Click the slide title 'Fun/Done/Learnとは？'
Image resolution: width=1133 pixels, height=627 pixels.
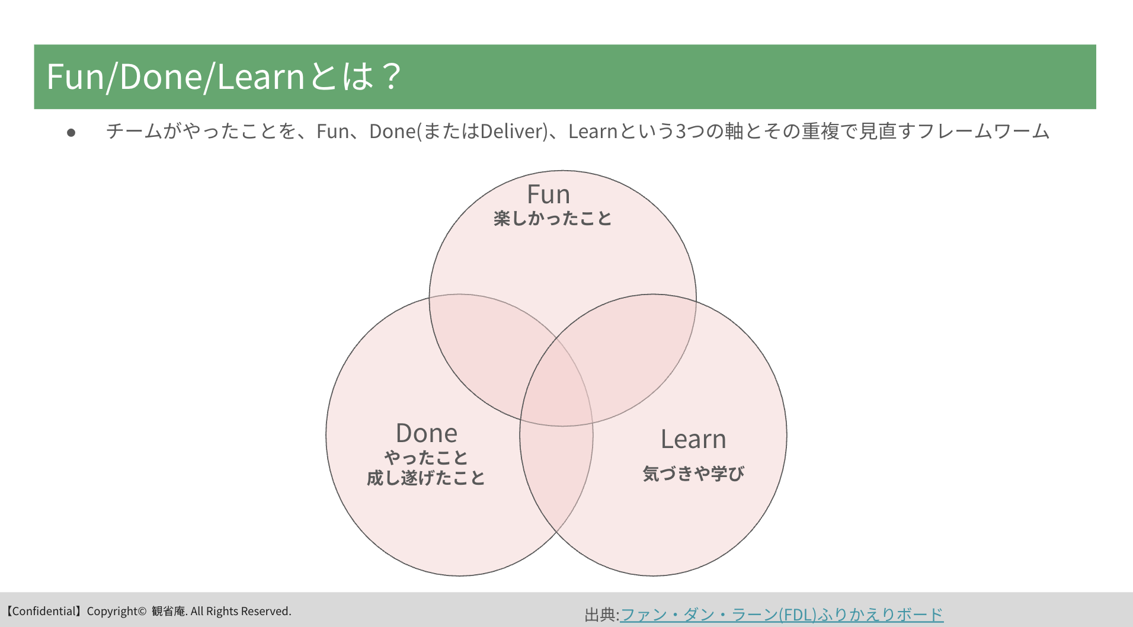(x=224, y=77)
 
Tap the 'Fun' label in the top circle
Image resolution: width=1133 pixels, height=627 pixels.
(x=548, y=194)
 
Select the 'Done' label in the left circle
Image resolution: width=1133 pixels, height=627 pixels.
(x=427, y=433)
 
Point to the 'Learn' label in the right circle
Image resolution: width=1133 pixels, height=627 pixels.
(x=693, y=439)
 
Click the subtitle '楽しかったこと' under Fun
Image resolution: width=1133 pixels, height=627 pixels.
(x=552, y=219)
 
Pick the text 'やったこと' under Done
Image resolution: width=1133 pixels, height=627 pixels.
(x=426, y=458)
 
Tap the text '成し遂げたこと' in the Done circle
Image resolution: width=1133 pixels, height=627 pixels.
(x=426, y=478)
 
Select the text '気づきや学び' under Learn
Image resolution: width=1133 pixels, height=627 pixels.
(x=693, y=474)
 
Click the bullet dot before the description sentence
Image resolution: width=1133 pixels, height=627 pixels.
(x=71, y=133)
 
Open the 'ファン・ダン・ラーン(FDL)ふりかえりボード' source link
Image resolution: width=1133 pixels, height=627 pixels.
(x=782, y=615)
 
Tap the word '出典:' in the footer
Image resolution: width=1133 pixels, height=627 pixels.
(x=601, y=615)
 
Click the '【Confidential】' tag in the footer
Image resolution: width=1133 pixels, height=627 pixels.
(x=43, y=611)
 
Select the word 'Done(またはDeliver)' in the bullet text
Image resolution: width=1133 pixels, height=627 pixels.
(x=458, y=131)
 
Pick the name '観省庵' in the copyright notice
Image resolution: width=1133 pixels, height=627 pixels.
(x=168, y=611)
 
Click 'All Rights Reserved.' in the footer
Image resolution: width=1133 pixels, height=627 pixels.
(x=241, y=611)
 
